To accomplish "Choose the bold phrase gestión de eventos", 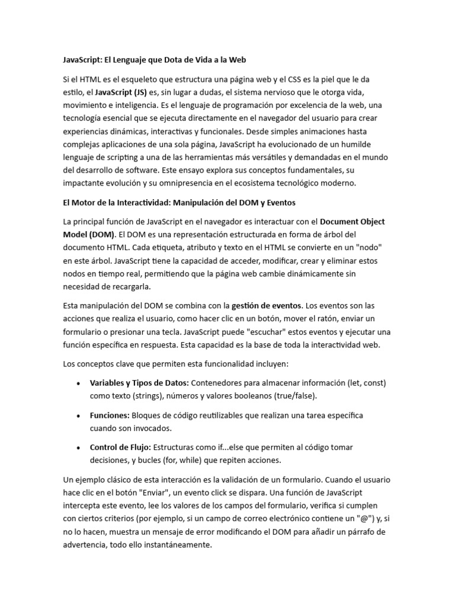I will [x=267, y=306].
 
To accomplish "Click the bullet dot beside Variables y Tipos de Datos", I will [x=79, y=383].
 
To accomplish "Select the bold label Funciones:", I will [x=110, y=415].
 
